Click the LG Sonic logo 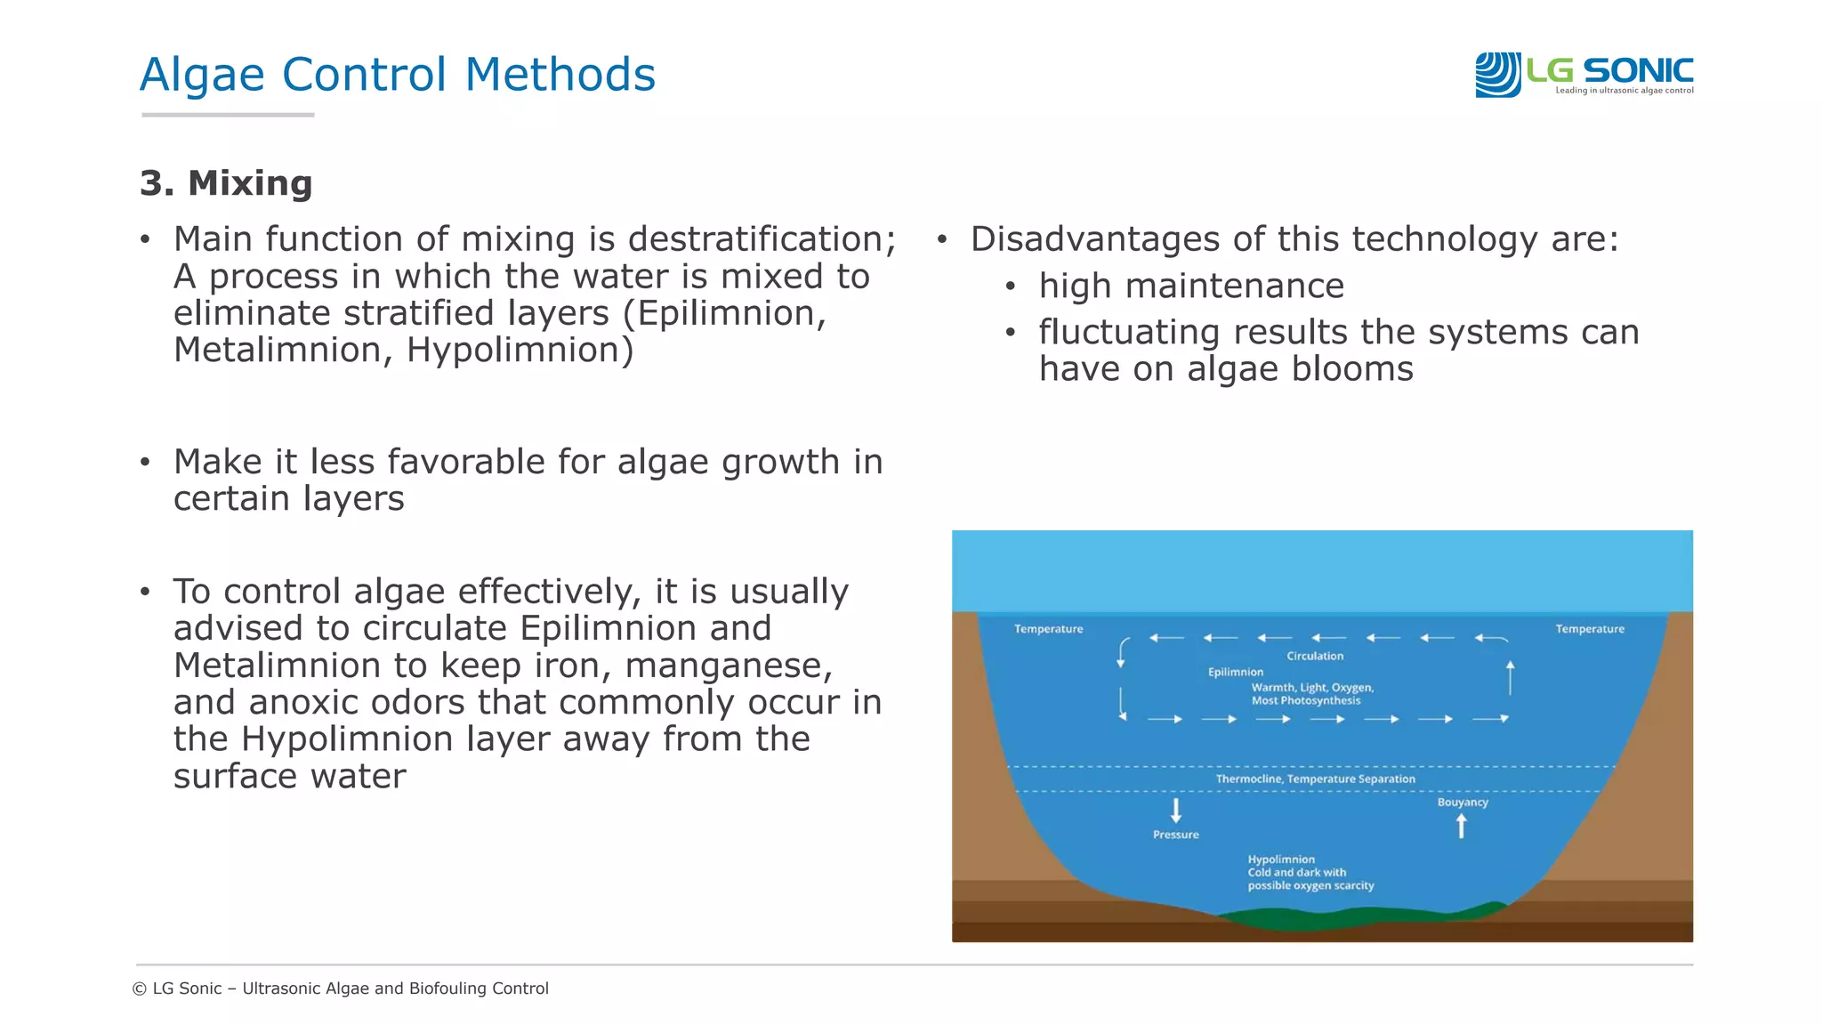pos(1584,74)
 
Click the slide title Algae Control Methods pos(397,75)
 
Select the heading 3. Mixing pos(226,183)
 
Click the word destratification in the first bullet pos(762,239)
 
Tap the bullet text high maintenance pos(1190,287)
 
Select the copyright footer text pos(340,989)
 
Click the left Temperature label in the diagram pos(1048,629)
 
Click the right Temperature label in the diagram pos(1589,629)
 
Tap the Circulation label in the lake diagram pos(1314,657)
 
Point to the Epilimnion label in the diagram pos(1235,673)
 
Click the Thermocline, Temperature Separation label pos(1315,779)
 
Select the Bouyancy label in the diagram pos(1462,803)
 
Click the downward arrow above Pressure pos(1175,811)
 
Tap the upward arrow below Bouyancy pos(1461,827)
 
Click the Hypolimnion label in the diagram pos(1280,860)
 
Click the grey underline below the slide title pos(228,115)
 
